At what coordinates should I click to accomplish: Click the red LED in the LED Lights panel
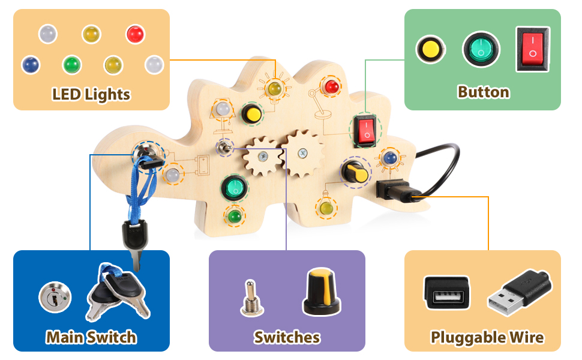pos(135,34)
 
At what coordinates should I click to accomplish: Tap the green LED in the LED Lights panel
pos(72,64)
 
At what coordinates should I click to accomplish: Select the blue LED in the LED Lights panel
pos(30,64)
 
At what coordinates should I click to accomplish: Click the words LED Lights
pos(91,94)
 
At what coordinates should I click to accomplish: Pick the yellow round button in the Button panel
pos(430,49)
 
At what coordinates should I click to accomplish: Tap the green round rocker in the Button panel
pos(481,49)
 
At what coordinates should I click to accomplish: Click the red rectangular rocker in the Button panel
pos(532,49)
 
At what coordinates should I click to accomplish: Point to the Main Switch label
pos(91,337)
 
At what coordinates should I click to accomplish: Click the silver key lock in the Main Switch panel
pos(55,297)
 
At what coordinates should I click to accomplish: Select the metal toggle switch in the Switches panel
pos(249,298)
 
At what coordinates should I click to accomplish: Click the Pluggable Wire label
pos(487,337)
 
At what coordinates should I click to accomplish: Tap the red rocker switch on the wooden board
pos(365,130)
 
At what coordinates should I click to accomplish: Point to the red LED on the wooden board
pos(330,88)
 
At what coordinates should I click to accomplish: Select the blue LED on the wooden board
pos(390,158)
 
